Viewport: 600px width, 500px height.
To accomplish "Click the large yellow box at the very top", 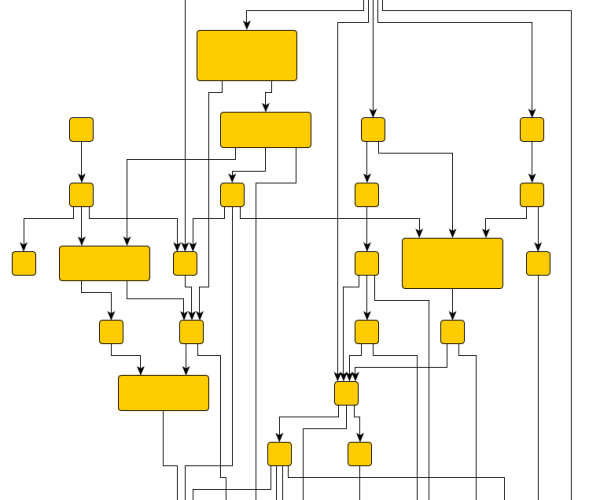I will [247, 55].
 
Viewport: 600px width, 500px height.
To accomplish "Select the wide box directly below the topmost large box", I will [265, 130].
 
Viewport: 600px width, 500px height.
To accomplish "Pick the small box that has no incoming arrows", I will [81, 129].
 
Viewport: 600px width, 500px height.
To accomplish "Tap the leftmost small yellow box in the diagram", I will [24, 263].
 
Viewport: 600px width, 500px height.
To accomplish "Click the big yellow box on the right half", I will [452, 263].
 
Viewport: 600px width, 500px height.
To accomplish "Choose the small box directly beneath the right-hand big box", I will [452, 332].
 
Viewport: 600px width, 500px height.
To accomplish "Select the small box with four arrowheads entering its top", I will [346, 393].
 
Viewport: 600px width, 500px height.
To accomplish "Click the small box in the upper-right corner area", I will [532, 129].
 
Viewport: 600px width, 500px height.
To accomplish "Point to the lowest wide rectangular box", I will [163, 393].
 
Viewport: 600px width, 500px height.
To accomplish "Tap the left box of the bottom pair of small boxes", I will [279, 454].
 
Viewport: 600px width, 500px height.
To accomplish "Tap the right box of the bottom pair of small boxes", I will [360, 454].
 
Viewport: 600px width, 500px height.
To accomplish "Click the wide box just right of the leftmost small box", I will [104, 263].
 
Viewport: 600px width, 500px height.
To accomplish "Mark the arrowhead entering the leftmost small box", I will [24, 248].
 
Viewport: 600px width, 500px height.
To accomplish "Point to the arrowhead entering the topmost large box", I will [247, 26].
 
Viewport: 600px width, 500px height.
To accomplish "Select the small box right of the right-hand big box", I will [538, 263].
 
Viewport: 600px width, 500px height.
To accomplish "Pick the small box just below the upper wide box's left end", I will [232, 194].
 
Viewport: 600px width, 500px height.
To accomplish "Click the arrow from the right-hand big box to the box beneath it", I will [452, 304].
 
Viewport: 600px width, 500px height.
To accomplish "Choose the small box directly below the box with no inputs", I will [81, 194].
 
